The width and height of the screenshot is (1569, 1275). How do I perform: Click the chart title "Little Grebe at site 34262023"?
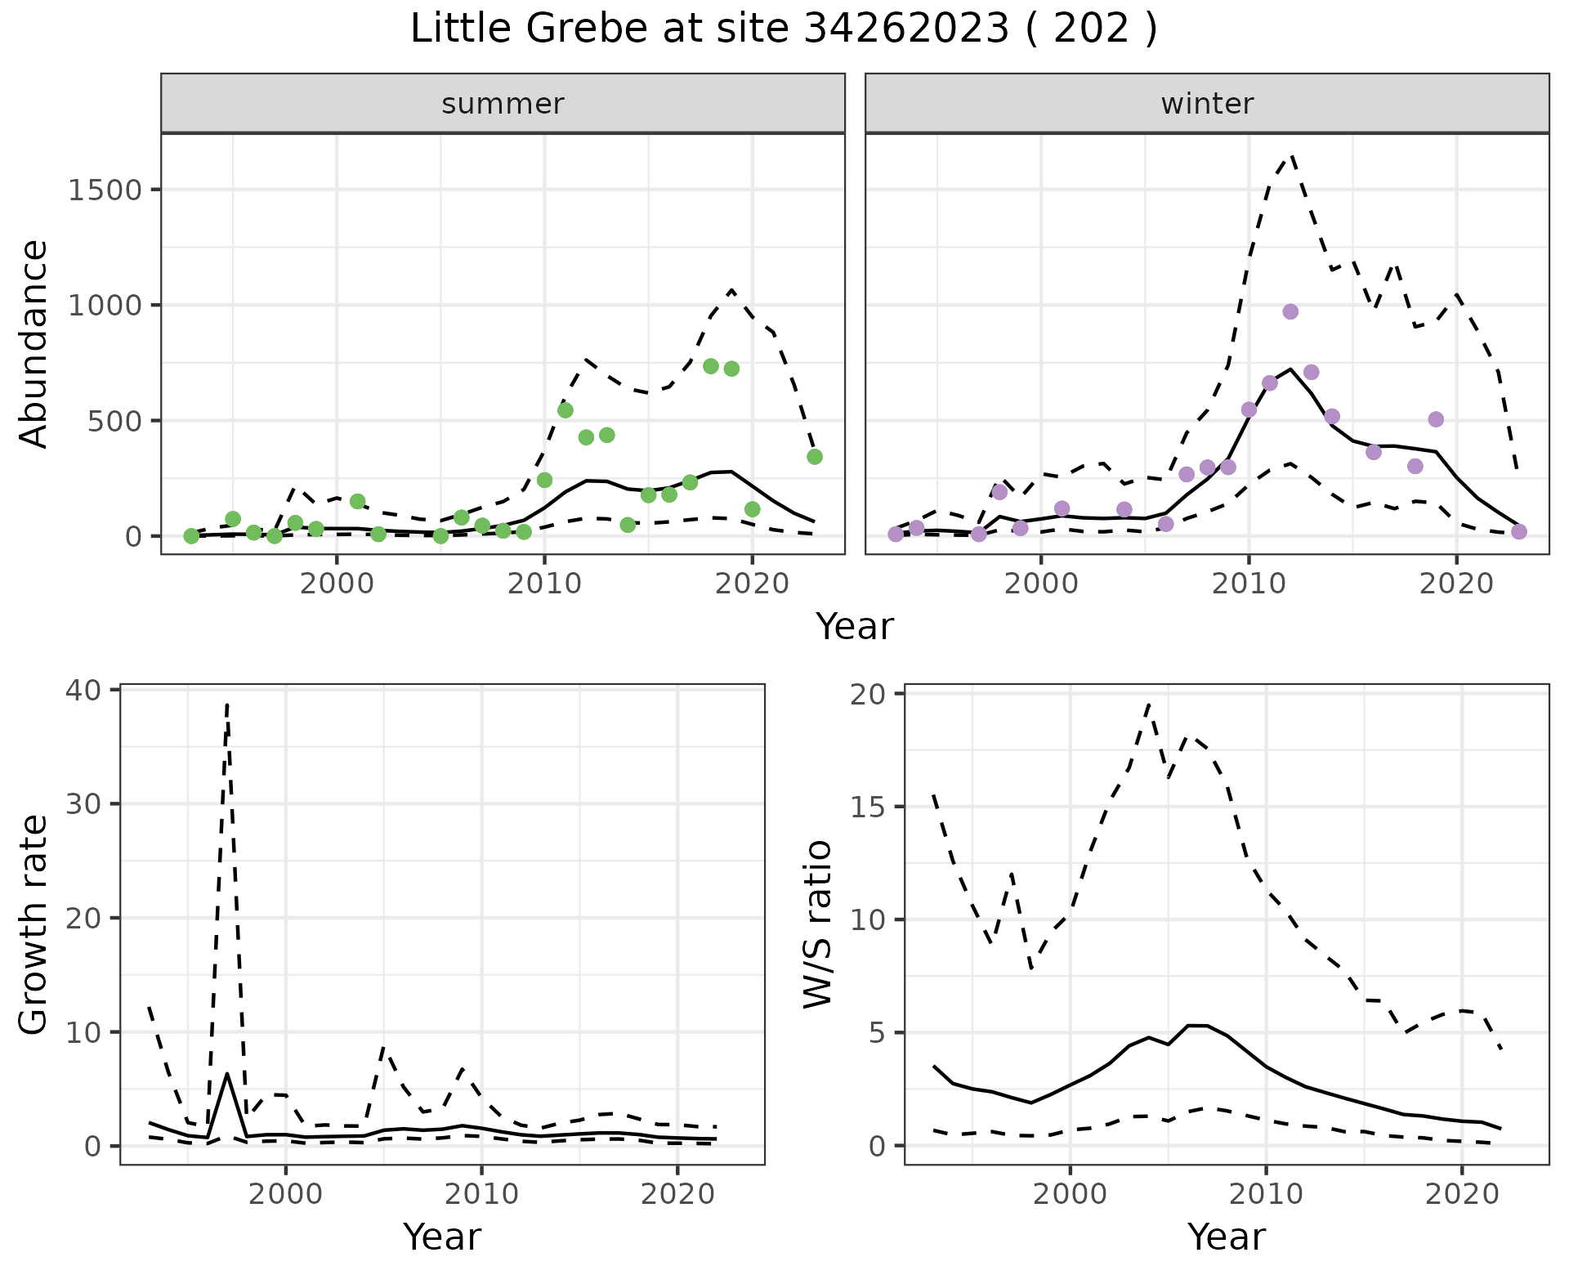(x=783, y=29)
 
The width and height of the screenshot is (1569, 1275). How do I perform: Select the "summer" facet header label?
(x=503, y=104)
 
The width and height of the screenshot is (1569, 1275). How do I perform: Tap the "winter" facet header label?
(x=1207, y=104)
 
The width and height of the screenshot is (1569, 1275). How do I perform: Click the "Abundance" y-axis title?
(x=34, y=343)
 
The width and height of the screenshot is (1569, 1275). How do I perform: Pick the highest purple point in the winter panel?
(x=1290, y=311)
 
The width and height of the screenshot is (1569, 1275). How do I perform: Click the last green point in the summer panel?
(x=815, y=457)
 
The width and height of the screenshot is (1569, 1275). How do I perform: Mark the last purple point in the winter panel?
(x=1519, y=532)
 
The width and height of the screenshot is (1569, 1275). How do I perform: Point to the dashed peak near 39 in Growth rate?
(x=227, y=703)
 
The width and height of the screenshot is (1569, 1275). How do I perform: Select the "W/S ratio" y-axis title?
(x=817, y=924)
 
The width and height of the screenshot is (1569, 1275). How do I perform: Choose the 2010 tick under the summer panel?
(x=545, y=584)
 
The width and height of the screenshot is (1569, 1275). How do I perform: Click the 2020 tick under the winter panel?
(x=1456, y=584)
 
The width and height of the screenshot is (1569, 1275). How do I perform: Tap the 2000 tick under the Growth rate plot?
(x=285, y=1194)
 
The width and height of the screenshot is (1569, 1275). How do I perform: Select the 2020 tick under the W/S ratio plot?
(x=1462, y=1194)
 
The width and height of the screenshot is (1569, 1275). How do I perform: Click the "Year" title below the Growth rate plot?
(x=442, y=1237)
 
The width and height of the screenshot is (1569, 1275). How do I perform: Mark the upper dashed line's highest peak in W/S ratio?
(x=1149, y=703)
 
